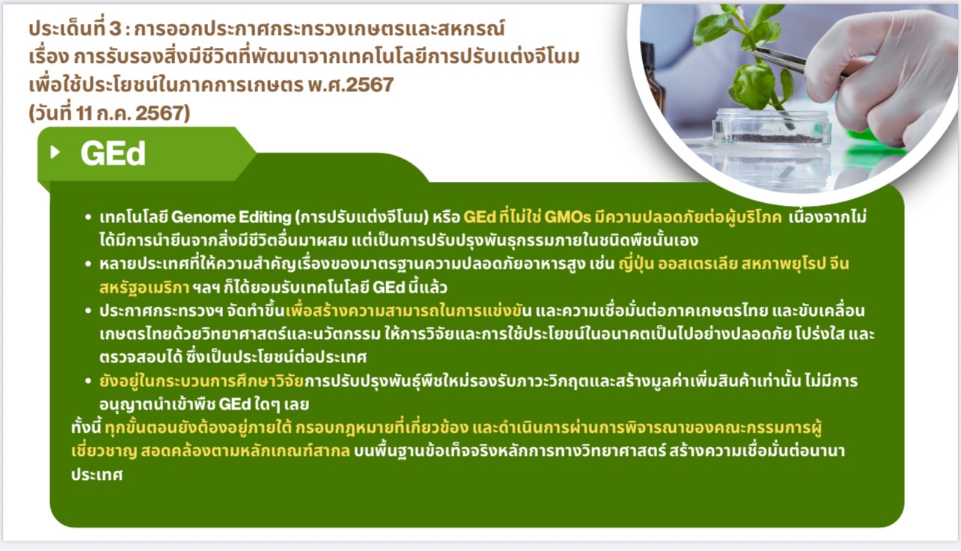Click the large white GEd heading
(x=112, y=153)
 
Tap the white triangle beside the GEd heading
(x=55, y=153)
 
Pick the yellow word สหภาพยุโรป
(x=785, y=264)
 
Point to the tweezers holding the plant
(x=793, y=62)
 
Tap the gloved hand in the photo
(x=883, y=75)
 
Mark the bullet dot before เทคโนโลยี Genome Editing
(x=88, y=218)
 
